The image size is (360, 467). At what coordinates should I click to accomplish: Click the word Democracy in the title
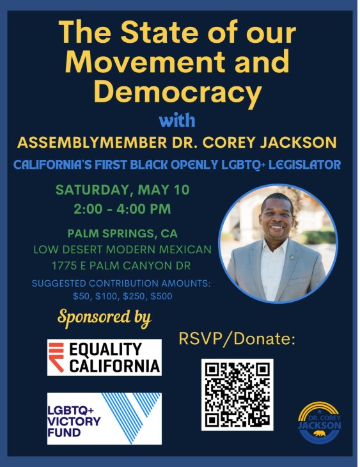coord(178,91)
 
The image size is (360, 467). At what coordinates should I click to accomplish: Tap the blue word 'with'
coord(177,121)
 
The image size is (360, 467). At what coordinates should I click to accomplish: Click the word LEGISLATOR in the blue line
coord(304,164)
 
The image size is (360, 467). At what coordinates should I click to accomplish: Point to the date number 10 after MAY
coord(181,190)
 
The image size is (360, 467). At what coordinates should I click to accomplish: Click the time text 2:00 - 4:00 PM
coord(122,209)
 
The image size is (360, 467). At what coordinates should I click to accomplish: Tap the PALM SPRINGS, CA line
coord(123,233)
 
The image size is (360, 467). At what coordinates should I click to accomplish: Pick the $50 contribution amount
coord(81,296)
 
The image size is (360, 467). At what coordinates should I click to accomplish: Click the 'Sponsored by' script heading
coord(104,318)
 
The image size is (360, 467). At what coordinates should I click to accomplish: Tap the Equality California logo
coord(104,358)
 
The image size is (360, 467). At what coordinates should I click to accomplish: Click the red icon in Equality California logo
coord(56,358)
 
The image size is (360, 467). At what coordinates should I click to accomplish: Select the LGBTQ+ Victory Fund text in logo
coord(74,422)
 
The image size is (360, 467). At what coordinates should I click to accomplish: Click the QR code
coord(237,395)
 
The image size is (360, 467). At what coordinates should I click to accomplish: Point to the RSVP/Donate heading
coord(237,339)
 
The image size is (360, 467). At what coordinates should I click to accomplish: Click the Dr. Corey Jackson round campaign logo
coord(320,423)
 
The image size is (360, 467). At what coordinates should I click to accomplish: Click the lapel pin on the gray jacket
coord(292,256)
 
